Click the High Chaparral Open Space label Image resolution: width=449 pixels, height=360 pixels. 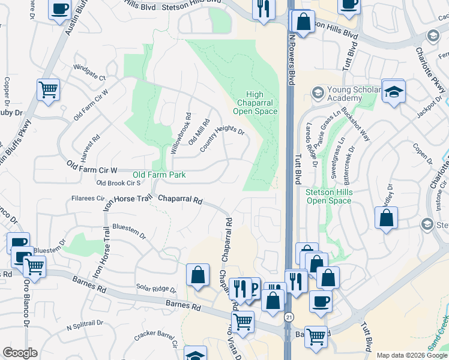(x=255, y=103)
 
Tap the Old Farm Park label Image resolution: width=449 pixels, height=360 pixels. (x=159, y=175)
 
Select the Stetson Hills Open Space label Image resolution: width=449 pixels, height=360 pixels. (x=328, y=196)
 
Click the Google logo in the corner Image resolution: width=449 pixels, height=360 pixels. (x=20, y=353)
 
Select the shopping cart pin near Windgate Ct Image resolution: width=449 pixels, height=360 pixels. (x=48, y=90)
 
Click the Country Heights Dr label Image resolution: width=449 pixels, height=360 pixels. (x=222, y=139)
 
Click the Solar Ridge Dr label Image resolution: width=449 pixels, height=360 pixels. (x=155, y=289)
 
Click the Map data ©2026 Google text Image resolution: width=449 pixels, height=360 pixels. (x=411, y=355)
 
